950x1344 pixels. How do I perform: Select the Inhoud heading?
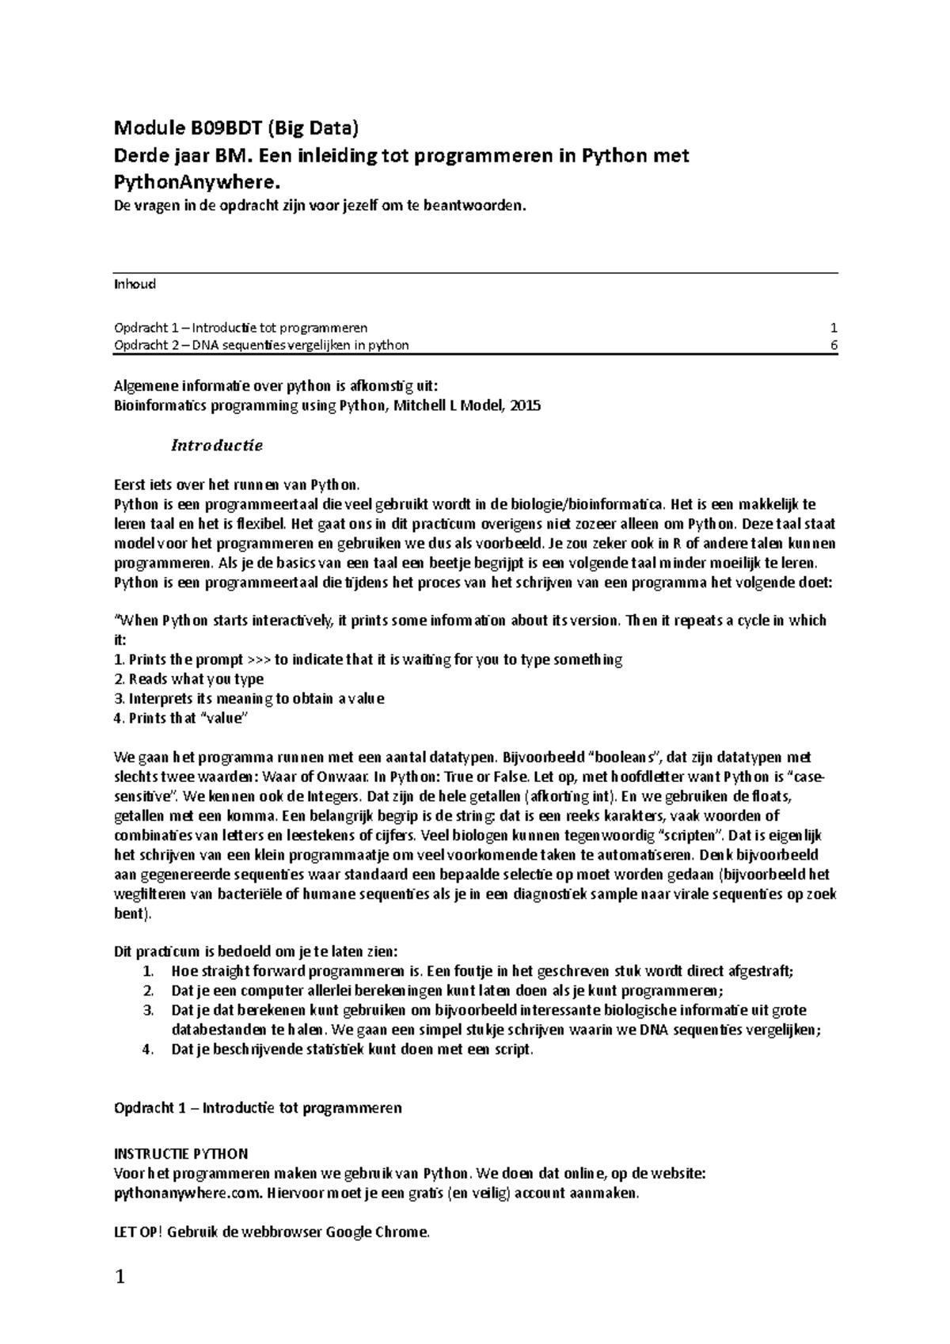pos(135,284)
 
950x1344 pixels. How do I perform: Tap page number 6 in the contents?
pos(834,345)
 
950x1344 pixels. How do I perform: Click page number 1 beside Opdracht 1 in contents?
pos(834,327)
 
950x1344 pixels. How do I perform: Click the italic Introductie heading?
pos(217,446)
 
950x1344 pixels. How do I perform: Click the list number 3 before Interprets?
pos(119,699)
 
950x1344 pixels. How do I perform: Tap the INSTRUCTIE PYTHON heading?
pos(181,1154)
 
